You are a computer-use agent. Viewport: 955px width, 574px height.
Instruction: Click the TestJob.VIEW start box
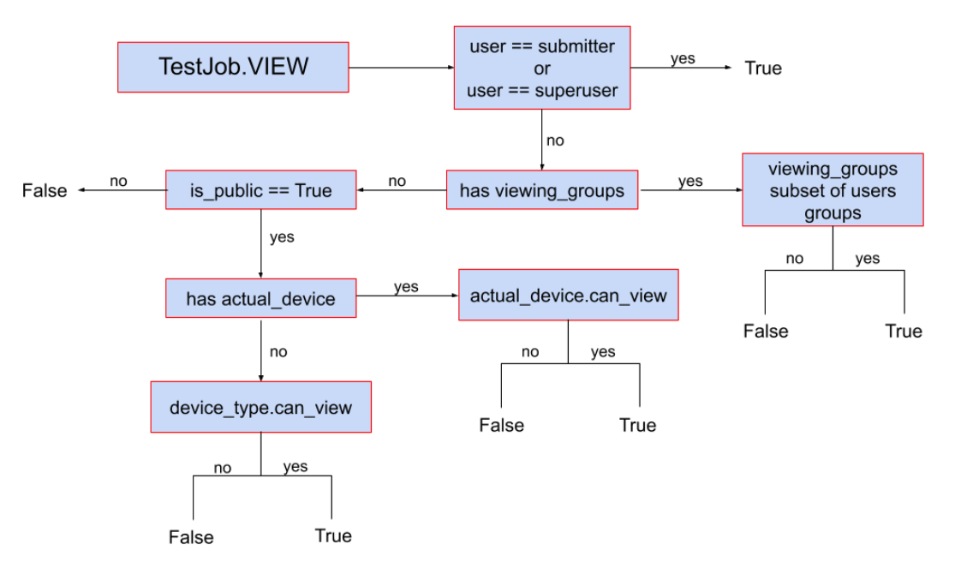[233, 67]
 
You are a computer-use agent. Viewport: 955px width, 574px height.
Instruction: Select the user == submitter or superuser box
[541, 68]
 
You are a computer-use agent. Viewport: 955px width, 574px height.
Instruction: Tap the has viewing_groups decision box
[541, 190]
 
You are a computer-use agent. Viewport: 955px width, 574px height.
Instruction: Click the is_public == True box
[260, 190]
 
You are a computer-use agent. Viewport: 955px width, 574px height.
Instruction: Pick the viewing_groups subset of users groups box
[833, 190]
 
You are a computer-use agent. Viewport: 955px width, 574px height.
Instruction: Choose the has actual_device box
[260, 299]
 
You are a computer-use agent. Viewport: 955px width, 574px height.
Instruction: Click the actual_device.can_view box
[568, 296]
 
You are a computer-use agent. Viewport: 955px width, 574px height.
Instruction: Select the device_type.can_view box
[260, 407]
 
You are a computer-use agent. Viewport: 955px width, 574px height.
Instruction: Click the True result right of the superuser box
[763, 69]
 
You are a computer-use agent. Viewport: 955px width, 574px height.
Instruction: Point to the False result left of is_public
[45, 190]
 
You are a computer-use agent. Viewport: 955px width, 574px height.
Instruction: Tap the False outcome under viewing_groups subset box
[765, 332]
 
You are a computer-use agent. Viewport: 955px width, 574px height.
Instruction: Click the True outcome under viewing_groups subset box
[903, 332]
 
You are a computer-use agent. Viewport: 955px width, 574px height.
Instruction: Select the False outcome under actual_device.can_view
[501, 425]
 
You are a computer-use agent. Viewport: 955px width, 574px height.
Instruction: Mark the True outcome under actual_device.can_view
[638, 425]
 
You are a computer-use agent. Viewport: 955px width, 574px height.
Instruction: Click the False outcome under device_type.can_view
[191, 537]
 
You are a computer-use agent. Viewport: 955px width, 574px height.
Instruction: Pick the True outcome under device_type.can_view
[333, 536]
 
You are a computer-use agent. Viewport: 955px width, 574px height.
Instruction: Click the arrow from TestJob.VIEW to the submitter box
[401, 67]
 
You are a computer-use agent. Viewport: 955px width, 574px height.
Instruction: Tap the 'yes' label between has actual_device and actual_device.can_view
[406, 287]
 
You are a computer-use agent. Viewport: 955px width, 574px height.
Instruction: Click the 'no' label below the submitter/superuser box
[555, 141]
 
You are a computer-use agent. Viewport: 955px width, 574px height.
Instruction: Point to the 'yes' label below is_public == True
[282, 237]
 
